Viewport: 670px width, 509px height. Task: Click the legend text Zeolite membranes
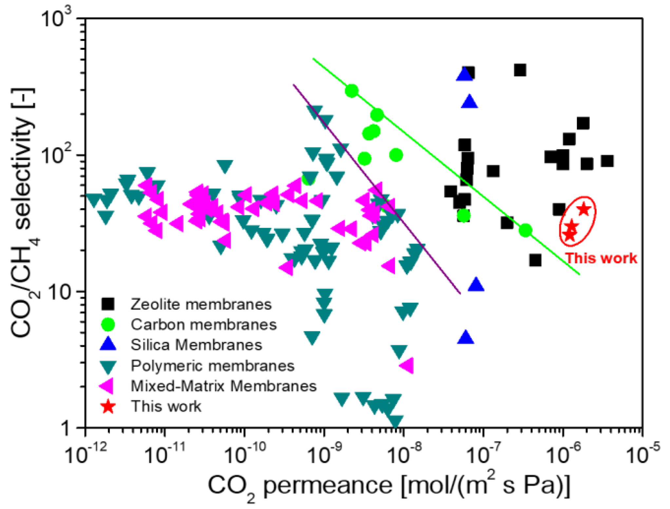201,304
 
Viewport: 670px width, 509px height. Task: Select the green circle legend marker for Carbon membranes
108,324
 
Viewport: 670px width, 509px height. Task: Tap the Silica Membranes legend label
197,345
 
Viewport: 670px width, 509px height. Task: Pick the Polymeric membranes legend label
212,366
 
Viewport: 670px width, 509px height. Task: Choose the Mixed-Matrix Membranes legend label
223,386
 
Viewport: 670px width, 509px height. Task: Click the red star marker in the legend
108,406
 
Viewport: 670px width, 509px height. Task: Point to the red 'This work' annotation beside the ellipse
602,258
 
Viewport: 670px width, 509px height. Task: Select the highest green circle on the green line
352,91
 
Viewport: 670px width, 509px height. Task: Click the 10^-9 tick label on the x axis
324,455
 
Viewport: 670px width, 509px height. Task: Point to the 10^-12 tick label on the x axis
86,455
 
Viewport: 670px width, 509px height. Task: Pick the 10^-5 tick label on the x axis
642,455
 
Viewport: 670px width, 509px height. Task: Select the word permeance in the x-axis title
328,485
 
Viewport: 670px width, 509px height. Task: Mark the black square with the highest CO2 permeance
607,161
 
